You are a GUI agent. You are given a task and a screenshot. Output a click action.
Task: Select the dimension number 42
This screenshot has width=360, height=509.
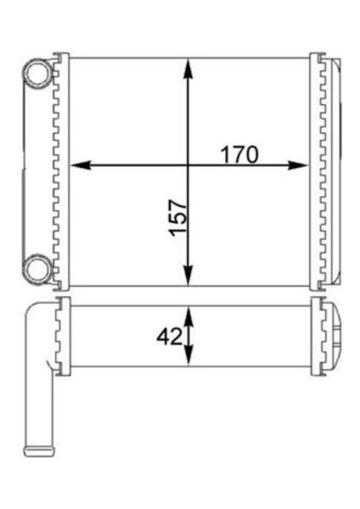pyautogui.click(x=170, y=337)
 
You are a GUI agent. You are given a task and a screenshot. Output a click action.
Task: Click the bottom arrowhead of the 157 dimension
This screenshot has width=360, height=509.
pyautogui.click(x=188, y=279)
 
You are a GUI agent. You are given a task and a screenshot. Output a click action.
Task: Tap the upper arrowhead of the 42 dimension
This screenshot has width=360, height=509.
pyautogui.click(x=188, y=312)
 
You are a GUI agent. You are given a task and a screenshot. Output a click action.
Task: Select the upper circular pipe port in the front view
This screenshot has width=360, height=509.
pyautogui.click(x=37, y=74)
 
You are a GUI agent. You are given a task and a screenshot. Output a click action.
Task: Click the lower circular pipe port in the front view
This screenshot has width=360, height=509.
pyautogui.click(x=37, y=269)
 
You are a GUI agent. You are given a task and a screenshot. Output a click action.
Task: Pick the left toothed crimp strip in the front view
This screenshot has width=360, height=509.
pyautogui.click(x=59, y=170)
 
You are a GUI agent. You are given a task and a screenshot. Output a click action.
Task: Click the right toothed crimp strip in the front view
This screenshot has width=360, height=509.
pyautogui.click(x=318, y=170)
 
